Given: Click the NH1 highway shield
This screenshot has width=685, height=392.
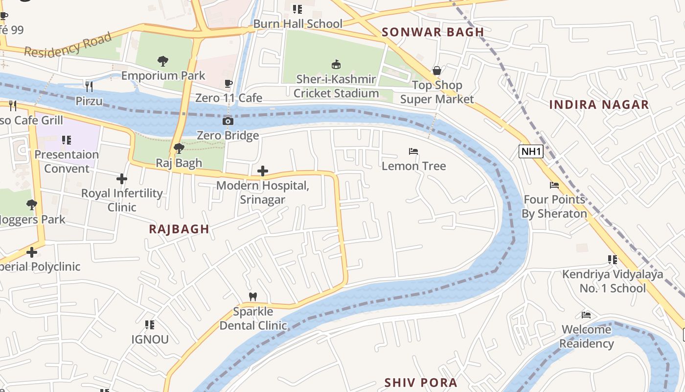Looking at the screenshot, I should point(531,151).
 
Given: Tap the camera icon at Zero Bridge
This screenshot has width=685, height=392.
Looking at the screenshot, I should point(228,121).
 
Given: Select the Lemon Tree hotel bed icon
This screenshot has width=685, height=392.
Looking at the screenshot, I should point(413,151).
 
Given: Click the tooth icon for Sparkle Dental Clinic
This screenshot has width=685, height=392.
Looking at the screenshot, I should point(253,296).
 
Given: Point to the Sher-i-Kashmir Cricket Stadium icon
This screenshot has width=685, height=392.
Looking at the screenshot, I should point(336,64).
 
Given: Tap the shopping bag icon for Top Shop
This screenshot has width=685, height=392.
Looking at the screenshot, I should point(437,71).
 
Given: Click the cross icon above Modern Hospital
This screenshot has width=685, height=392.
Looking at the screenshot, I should point(263,171).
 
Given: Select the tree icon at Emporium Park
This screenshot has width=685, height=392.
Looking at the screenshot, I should point(163,61).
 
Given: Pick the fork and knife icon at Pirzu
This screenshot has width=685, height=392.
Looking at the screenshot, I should point(89,87).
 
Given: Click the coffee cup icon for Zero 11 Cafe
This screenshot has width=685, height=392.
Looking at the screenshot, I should point(228,83).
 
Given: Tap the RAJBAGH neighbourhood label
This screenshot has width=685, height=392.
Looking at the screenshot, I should point(179,229).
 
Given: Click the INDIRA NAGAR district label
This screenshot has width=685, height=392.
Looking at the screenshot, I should point(599,104).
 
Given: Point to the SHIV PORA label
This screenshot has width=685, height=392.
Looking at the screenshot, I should point(421,382).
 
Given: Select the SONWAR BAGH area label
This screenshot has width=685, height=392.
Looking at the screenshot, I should point(433,32).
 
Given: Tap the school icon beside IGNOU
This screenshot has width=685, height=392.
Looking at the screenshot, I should point(150,324).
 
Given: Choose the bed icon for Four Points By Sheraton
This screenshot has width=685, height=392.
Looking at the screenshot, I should point(554,185).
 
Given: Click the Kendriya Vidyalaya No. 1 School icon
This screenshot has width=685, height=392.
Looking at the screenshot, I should point(612,260).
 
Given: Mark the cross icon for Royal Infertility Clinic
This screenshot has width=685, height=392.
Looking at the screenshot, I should point(122,179).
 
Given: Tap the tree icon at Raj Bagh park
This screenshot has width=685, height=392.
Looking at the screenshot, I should point(179,148).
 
